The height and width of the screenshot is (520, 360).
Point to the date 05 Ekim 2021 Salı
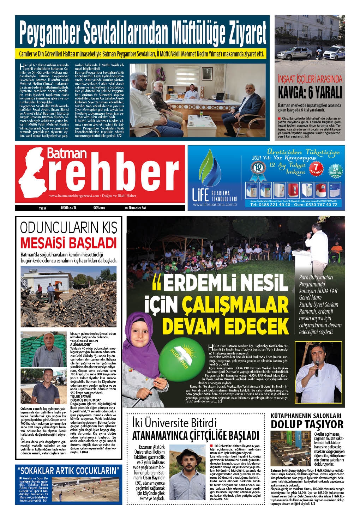[x=136, y=208]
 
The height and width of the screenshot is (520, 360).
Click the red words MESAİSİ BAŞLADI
[x=68, y=243]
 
